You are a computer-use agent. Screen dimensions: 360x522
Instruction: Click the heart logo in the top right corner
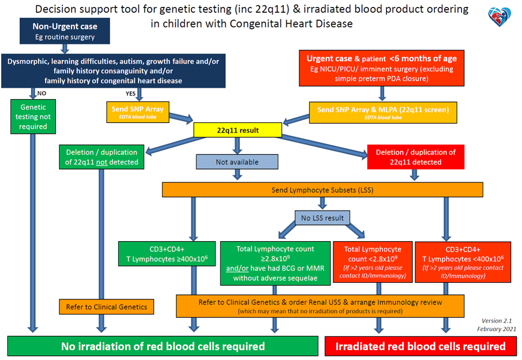(500, 17)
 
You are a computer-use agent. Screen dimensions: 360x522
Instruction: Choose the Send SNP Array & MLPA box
(382, 111)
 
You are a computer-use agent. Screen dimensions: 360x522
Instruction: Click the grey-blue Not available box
(236, 162)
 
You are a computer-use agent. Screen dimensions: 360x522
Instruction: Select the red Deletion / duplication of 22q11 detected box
(415, 157)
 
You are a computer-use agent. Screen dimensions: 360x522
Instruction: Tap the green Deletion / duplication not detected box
(102, 157)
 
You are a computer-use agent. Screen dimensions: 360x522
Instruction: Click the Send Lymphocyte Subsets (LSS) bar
(322, 190)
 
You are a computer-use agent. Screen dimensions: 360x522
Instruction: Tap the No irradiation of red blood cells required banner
(163, 346)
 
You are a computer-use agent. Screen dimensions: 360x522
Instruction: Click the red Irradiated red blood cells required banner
(420, 346)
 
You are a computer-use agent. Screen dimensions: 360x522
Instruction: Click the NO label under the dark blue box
(42, 93)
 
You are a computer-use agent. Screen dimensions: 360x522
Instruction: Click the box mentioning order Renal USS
(320, 306)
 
